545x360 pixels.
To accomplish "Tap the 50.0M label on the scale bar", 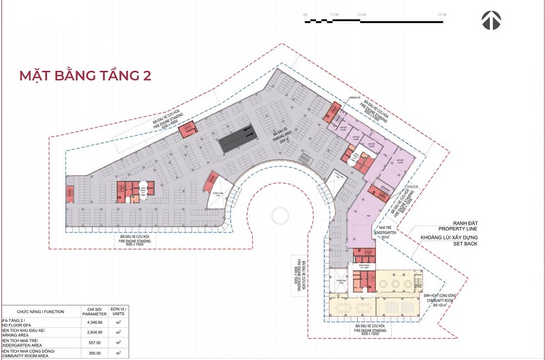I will click(442, 14).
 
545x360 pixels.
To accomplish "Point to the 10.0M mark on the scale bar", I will click(333, 14).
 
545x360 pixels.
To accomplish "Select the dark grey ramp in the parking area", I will click(236, 137).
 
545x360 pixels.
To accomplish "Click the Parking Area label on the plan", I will click(279, 136).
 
